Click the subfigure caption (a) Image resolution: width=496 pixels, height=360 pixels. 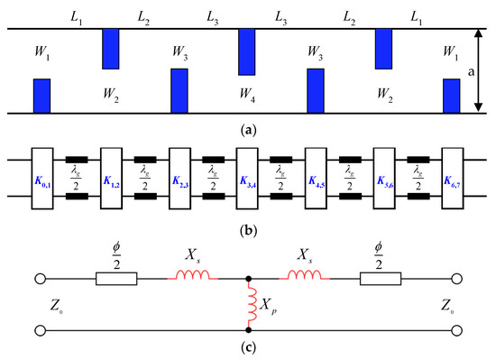(247, 129)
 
